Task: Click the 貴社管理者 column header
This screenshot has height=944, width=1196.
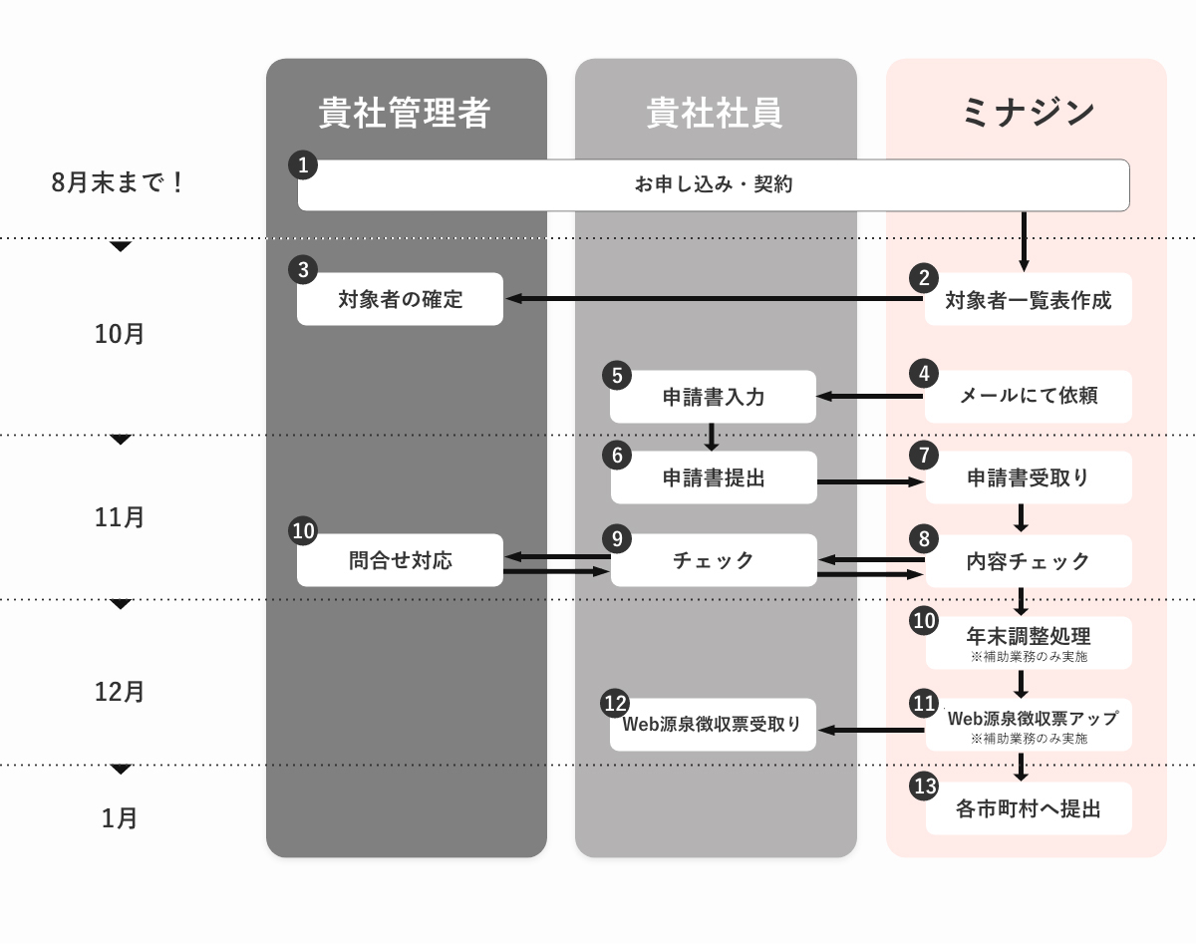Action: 404,113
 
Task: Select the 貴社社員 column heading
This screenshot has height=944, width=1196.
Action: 715,113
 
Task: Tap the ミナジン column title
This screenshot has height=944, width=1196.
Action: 1028,113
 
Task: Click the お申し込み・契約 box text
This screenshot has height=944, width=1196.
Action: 714,184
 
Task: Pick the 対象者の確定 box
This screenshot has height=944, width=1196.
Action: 400,299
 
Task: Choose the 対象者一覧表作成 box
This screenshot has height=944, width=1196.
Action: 1029,299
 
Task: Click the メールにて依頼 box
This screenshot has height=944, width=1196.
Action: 1029,397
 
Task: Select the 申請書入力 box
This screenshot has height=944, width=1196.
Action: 713,397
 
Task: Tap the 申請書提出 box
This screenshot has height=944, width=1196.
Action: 714,477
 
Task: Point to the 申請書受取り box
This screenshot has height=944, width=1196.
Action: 1029,477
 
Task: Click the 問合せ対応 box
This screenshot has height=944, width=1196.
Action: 400,560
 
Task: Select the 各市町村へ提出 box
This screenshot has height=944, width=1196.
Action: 1029,808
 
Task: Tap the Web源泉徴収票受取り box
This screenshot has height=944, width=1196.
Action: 713,725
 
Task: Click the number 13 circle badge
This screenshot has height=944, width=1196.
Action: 924,787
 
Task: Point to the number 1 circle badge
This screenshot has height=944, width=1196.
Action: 303,164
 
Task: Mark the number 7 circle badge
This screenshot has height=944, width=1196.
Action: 924,455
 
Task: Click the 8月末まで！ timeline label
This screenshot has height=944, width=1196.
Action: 118,182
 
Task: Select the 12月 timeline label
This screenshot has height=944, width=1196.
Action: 120,692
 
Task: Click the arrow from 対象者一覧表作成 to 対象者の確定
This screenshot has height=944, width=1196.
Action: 715,298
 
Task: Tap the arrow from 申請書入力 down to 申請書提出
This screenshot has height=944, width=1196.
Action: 712,437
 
